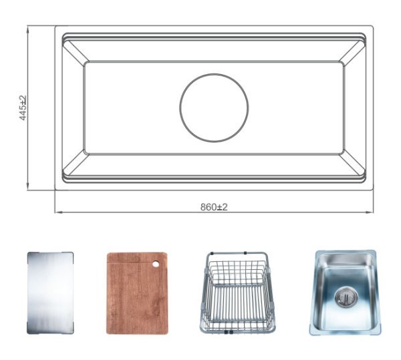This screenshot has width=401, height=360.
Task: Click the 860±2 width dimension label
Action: click(x=214, y=207)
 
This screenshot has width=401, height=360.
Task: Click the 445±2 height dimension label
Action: click(x=23, y=108)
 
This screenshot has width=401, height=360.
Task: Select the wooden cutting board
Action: click(x=137, y=293)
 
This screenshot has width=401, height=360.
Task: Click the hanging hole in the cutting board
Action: click(x=156, y=264)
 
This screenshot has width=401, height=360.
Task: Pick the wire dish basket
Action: click(x=237, y=293)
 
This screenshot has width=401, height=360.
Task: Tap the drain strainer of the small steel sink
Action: click(x=346, y=297)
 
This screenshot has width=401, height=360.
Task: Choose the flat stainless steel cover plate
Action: click(x=50, y=293)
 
